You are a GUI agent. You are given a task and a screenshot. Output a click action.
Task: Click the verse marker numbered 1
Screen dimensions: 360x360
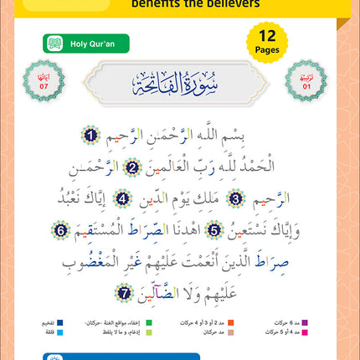90,132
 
